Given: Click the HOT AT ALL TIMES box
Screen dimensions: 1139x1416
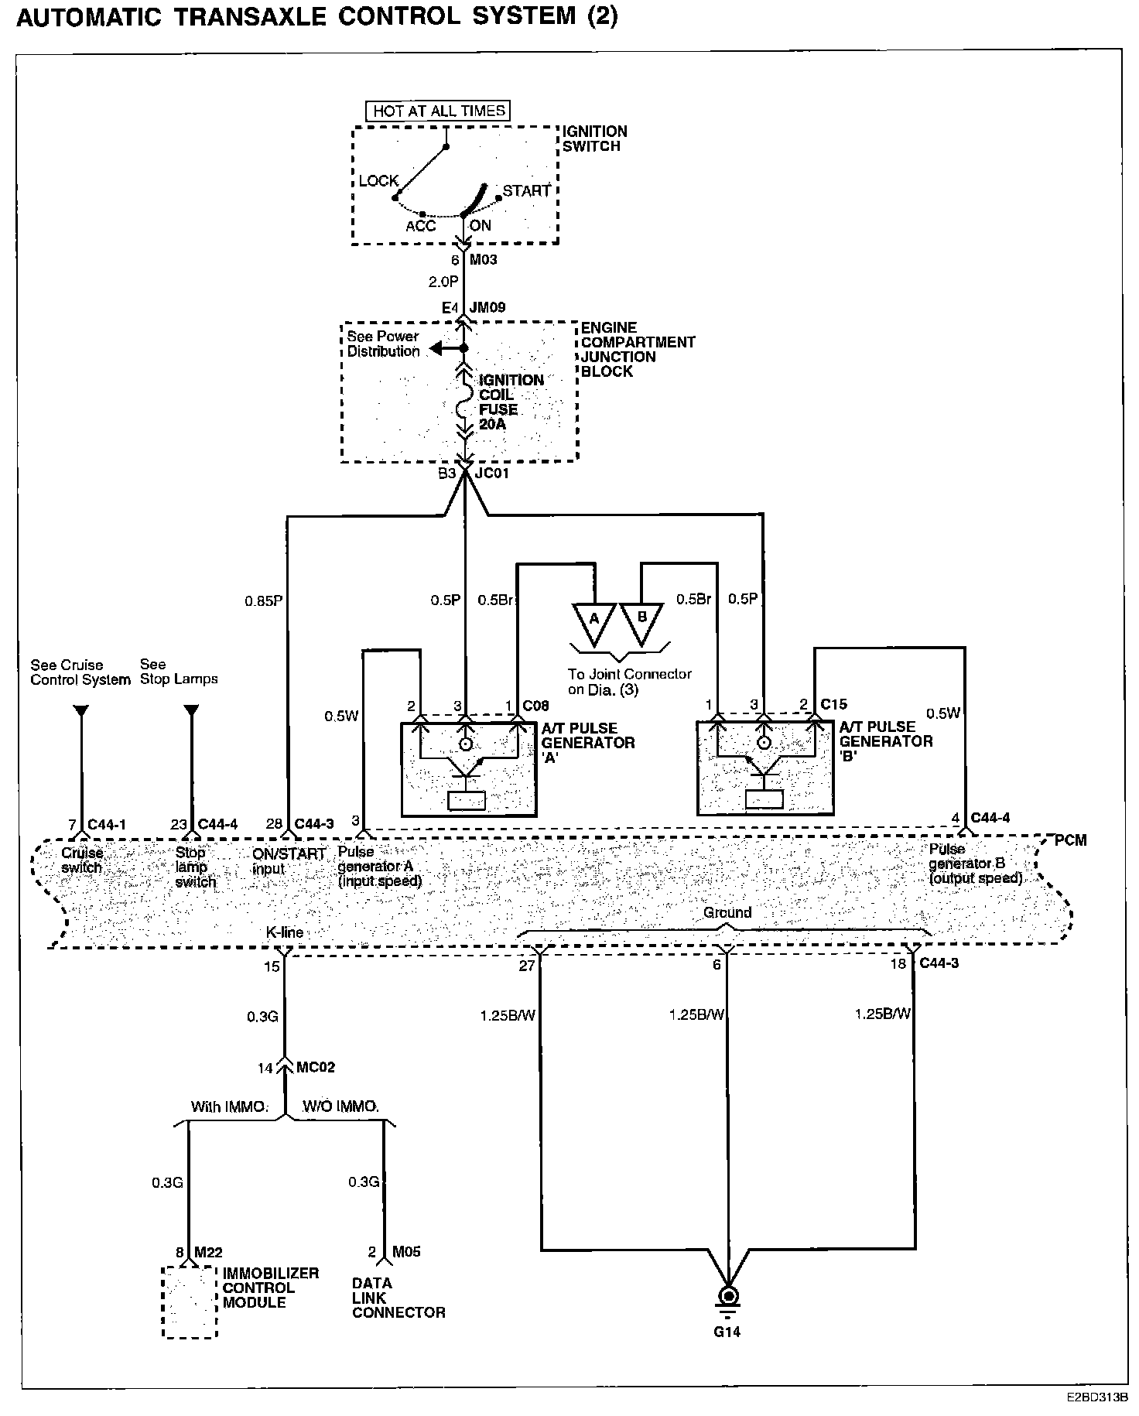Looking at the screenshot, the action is [x=438, y=111].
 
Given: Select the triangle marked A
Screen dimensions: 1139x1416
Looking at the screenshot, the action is [x=594, y=624].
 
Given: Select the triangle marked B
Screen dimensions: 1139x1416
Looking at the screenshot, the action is [x=641, y=624].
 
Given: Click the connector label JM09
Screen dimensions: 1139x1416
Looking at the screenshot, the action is [x=487, y=307].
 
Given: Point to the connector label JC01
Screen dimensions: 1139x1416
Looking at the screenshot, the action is [x=491, y=473].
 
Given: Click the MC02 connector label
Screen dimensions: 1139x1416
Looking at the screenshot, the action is [x=316, y=1067].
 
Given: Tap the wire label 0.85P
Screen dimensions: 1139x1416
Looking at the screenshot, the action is [x=264, y=600].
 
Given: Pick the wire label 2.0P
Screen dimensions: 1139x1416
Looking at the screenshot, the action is [x=443, y=282].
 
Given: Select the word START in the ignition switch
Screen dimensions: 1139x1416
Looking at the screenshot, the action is [x=527, y=190].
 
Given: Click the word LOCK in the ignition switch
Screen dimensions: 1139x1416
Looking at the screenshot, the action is [x=378, y=180].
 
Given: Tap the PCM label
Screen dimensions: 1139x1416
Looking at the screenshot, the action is [x=1071, y=840].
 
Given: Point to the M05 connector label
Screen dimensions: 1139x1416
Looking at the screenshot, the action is [x=406, y=1252].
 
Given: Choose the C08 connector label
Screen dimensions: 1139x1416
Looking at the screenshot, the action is [x=535, y=705].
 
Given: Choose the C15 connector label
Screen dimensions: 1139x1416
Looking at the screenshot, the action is [x=834, y=704].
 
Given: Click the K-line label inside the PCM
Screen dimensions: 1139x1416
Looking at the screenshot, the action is [x=284, y=932].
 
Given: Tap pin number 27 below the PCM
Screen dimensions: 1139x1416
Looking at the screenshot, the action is [x=527, y=965].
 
